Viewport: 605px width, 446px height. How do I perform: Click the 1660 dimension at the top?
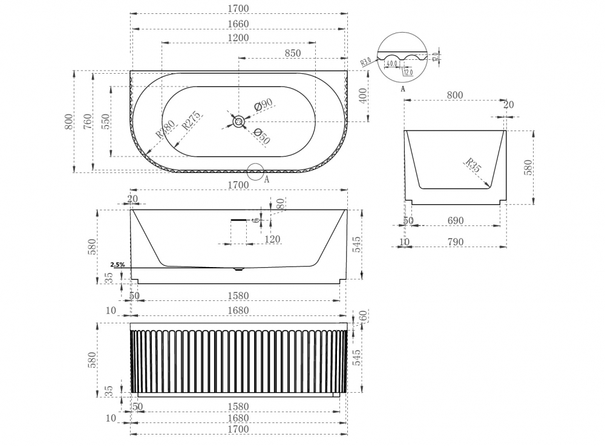(x=239, y=24)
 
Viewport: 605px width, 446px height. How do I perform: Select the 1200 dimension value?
(x=239, y=37)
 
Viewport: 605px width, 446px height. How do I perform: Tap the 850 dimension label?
(x=292, y=53)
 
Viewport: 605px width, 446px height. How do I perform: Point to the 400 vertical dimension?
(x=362, y=96)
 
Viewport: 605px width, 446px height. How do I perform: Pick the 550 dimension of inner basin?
(x=106, y=121)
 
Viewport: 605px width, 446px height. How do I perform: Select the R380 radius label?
(x=165, y=129)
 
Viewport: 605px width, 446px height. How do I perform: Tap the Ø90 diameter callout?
(x=263, y=105)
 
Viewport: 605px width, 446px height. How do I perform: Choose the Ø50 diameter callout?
(x=261, y=137)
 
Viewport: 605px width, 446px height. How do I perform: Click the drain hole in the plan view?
(x=239, y=122)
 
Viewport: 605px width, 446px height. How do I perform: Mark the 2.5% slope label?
(x=117, y=265)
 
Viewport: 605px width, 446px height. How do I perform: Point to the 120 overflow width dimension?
(x=272, y=239)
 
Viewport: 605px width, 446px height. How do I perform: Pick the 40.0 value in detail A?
(x=391, y=63)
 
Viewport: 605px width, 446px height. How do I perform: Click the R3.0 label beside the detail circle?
(x=366, y=62)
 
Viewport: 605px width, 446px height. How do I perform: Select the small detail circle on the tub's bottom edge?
(x=255, y=172)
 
